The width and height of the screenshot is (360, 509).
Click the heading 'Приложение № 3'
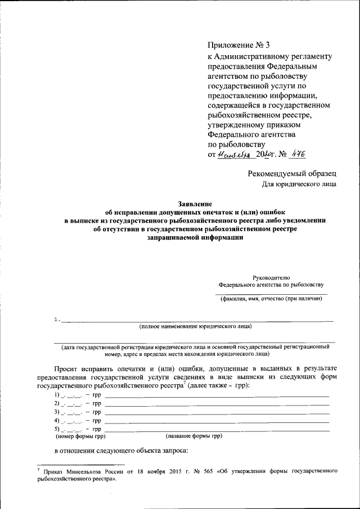click(x=239, y=45)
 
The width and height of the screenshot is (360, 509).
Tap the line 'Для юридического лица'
click(x=300, y=183)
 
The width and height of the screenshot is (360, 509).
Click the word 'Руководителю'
click(x=271, y=277)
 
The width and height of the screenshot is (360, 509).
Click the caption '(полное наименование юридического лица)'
click(x=195, y=326)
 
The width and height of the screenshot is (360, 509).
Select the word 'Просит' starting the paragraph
click(x=69, y=367)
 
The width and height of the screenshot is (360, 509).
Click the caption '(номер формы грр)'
click(x=80, y=436)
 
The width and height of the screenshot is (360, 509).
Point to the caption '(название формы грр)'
click(x=193, y=436)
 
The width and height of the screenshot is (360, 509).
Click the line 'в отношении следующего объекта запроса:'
click(x=120, y=451)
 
